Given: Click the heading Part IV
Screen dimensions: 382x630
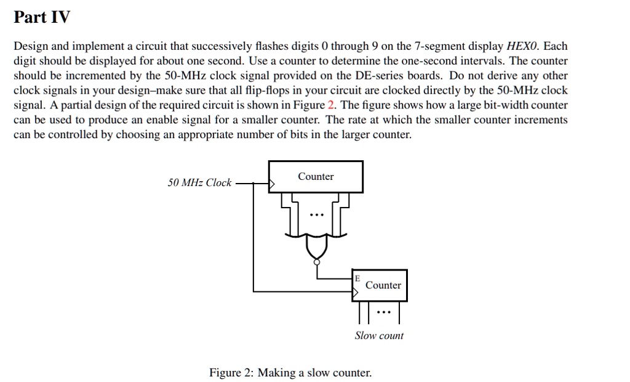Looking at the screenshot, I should pyautogui.click(x=42, y=17).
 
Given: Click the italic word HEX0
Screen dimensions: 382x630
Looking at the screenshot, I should pyautogui.click(x=522, y=46).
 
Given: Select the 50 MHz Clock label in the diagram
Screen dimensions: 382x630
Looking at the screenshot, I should pyautogui.click(x=199, y=182).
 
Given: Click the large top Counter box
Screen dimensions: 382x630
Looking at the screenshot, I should pyautogui.click(x=316, y=176).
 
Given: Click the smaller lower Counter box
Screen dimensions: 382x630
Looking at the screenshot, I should pyautogui.click(x=380, y=285).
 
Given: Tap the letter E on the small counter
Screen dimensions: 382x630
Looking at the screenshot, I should pyautogui.click(x=357, y=278).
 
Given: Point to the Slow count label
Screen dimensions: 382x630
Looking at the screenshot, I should pyautogui.click(x=379, y=336).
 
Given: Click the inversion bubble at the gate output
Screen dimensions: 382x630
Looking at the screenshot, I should pyautogui.click(x=316, y=262).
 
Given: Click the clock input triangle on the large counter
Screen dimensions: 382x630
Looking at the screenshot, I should pyautogui.click(x=271, y=183).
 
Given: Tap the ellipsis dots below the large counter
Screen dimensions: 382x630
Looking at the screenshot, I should pyautogui.click(x=316, y=215).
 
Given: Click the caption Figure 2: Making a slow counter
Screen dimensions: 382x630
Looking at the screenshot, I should pyautogui.click(x=290, y=373).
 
